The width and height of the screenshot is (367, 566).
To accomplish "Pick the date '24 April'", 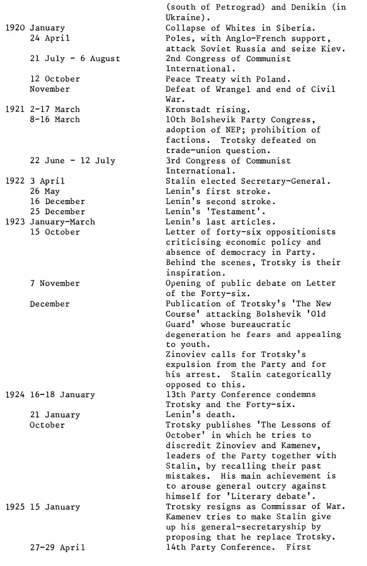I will (50, 38).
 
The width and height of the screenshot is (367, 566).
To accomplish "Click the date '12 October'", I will (55, 79).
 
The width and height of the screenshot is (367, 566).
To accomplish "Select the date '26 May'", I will (45, 192).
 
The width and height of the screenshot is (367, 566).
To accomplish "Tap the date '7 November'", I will (55, 283).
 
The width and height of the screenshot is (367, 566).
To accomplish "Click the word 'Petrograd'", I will (230, 8).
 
